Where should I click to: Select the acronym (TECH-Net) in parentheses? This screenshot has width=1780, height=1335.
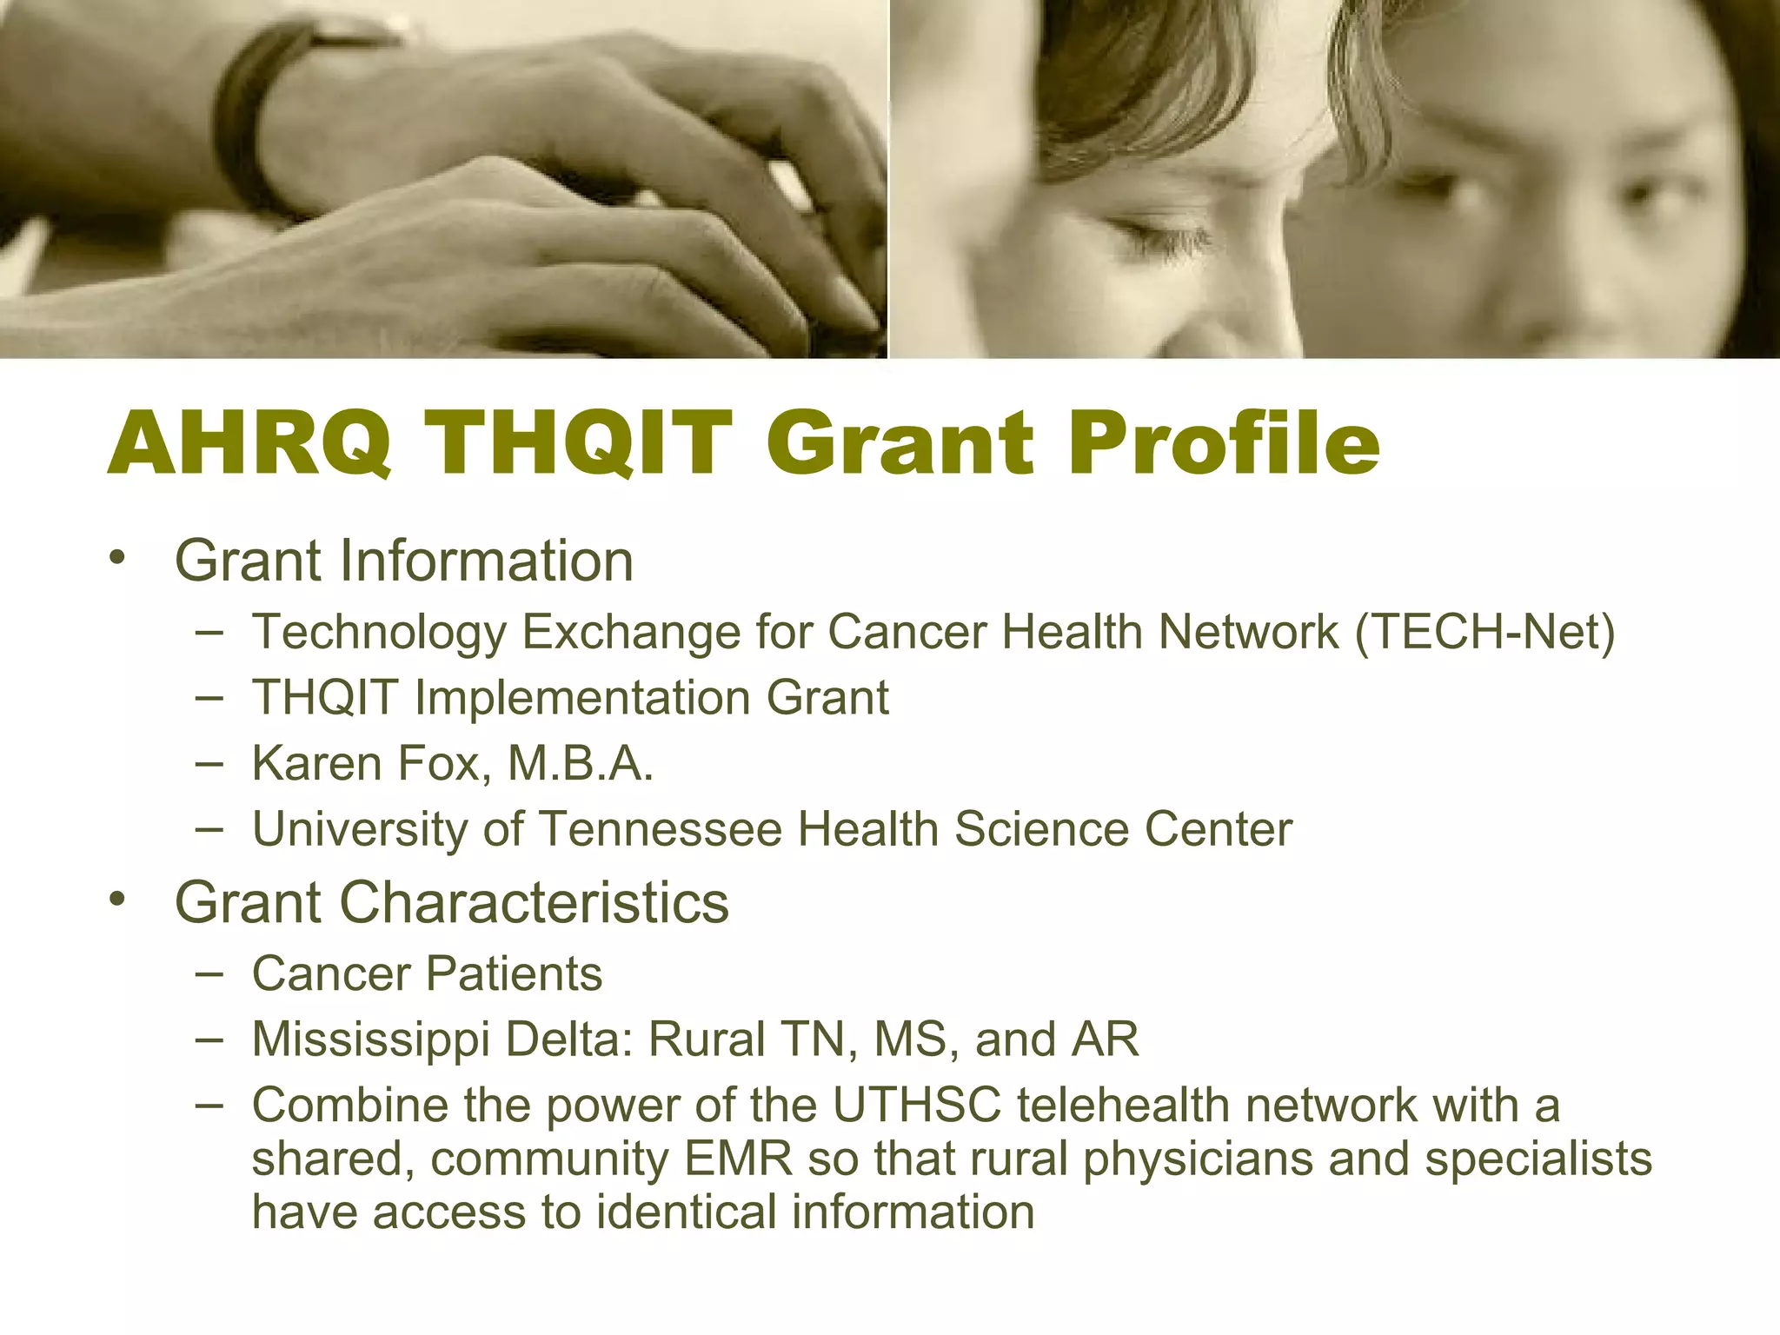coord(1484,632)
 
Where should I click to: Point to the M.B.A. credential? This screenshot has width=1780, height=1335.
coord(580,764)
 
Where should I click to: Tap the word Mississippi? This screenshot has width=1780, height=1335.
coord(371,1039)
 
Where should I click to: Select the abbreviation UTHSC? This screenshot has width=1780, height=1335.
coord(918,1106)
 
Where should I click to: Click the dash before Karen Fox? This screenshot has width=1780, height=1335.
coord(209,763)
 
